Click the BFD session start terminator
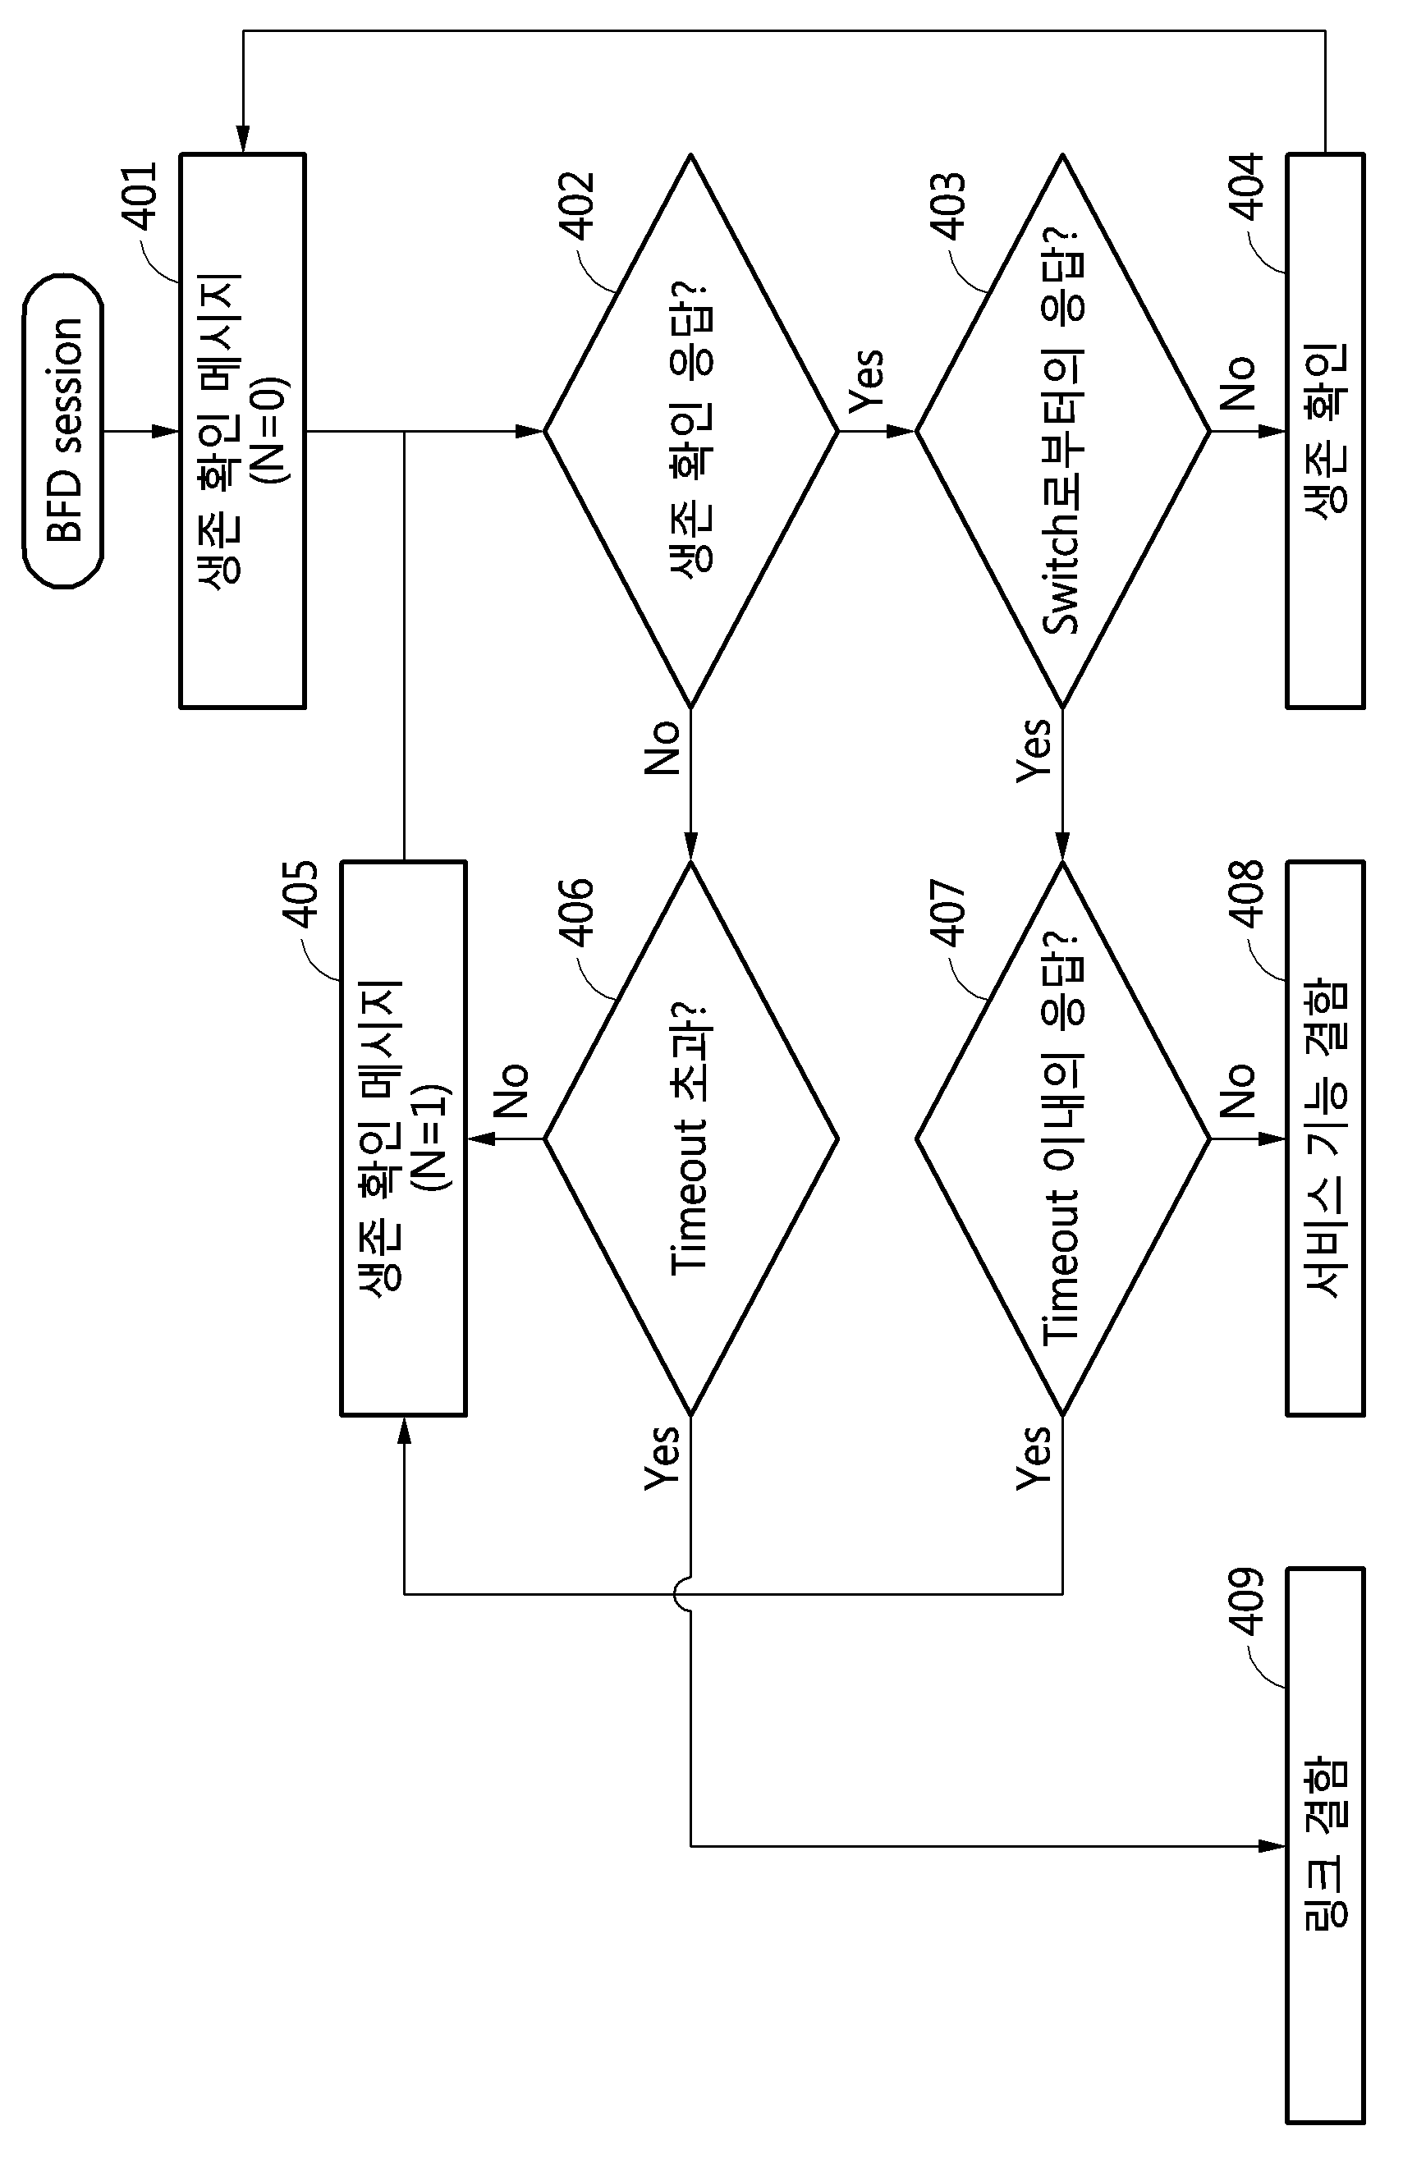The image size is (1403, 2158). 62,431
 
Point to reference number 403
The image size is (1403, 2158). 949,206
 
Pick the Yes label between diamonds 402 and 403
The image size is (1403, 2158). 865,382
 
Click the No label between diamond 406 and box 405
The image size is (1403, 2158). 511,1091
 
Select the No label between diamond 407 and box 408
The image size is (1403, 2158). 1238,1091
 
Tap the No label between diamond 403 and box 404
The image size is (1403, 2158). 1238,383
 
